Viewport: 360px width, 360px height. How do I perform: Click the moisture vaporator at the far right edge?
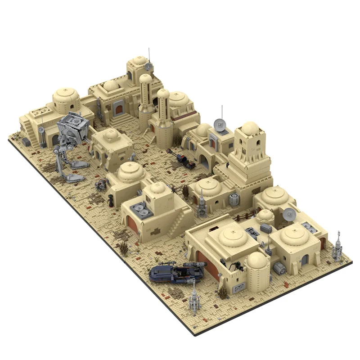[337, 246]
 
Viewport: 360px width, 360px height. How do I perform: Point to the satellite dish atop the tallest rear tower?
[148, 67]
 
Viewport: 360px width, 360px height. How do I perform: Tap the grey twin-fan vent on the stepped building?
[142, 210]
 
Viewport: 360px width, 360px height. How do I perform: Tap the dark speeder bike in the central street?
[181, 157]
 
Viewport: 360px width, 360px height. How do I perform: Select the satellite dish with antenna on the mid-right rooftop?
[220, 124]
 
